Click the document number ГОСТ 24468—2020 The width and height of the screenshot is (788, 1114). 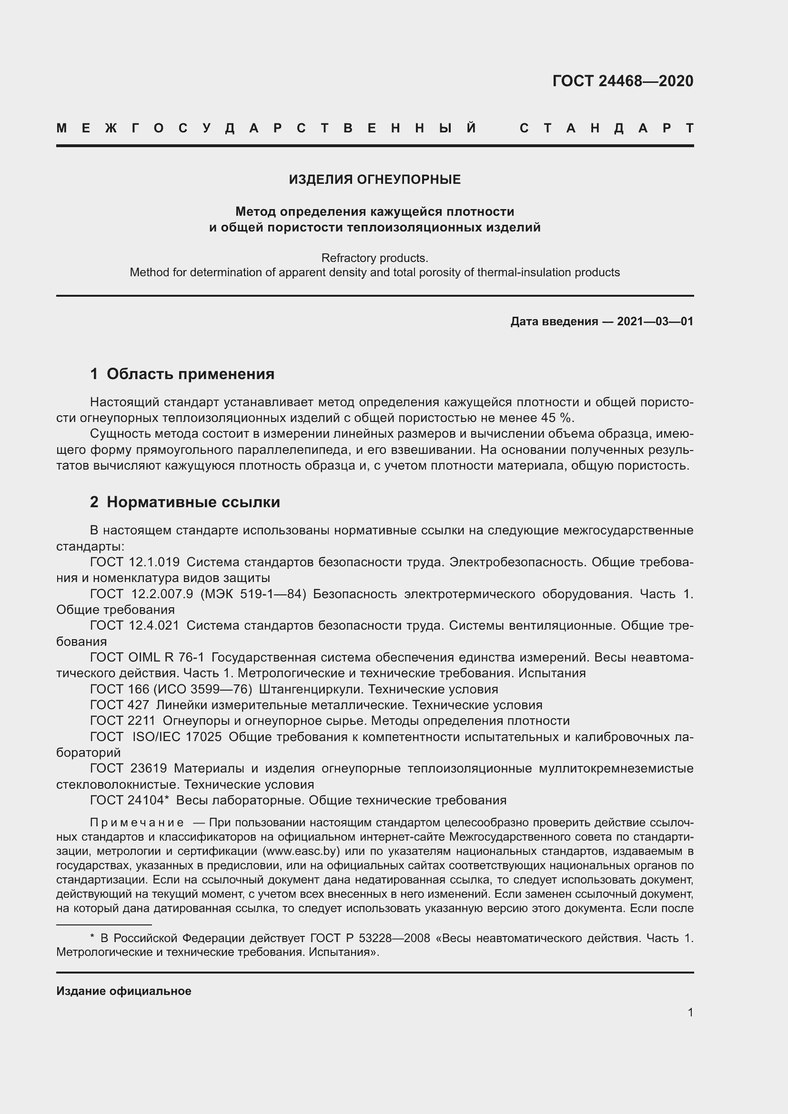point(623,81)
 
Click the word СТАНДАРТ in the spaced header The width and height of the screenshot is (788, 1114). point(606,128)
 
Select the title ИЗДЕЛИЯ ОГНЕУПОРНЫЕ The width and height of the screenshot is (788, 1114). point(374,180)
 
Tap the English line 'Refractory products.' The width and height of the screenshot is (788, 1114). point(374,258)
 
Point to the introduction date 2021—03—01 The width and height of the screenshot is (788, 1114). point(655,321)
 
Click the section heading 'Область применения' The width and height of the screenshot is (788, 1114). point(190,374)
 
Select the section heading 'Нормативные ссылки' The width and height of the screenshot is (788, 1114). point(193,502)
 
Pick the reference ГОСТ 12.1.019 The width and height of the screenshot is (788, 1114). point(135,562)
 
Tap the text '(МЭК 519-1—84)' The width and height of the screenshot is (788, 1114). point(253,594)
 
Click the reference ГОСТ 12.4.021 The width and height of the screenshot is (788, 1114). point(135,625)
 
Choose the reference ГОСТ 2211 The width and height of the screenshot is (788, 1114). point(123,721)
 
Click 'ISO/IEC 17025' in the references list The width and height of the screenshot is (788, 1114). point(177,736)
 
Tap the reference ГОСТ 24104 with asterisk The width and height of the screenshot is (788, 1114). point(129,800)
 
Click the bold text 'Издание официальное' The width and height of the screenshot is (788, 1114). point(124,991)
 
